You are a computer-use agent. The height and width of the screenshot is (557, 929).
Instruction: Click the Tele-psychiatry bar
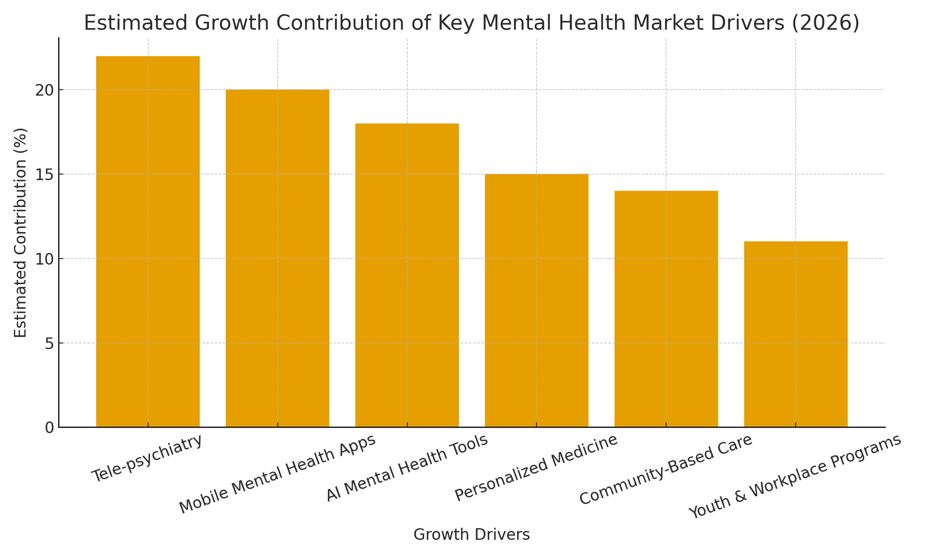pyautogui.click(x=148, y=241)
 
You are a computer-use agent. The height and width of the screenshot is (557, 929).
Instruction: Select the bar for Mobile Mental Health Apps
pyautogui.click(x=277, y=258)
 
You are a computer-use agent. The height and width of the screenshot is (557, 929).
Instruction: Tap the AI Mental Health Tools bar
pyautogui.click(x=407, y=275)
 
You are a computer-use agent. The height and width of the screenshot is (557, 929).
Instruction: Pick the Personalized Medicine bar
pyautogui.click(x=536, y=300)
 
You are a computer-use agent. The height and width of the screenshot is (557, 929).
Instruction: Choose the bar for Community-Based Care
pyautogui.click(x=666, y=309)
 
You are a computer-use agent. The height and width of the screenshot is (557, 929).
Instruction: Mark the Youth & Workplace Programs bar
pyautogui.click(x=796, y=334)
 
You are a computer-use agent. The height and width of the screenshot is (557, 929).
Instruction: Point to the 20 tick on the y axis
pyautogui.click(x=44, y=90)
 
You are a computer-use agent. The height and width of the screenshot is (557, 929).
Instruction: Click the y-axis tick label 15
pyautogui.click(x=44, y=175)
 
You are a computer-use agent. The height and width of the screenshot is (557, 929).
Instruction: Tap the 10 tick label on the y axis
pyautogui.click(x=44, y=259)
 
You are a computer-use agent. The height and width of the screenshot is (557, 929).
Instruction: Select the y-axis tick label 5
pyautogui.click(x=49, y=343)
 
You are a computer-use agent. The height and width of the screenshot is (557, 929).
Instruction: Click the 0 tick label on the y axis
pyautogui.click(x=49, y=428)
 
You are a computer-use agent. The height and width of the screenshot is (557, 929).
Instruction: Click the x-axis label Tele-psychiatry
pyautogui.click(x=147, y=459)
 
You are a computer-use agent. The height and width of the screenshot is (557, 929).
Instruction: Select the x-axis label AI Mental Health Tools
pyautogui.click(x=407, y=468)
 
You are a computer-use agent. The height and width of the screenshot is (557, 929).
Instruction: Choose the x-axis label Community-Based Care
pyautogui.click(x=666, y=470)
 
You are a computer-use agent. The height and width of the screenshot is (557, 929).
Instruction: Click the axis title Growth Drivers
pyautogui.click(x=471, y=535)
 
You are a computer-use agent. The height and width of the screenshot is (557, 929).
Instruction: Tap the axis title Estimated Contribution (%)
pyautogui.click(x=20, y=233)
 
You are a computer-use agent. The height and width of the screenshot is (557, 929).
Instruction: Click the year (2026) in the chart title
pyautogui.click(x=825, y=23)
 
